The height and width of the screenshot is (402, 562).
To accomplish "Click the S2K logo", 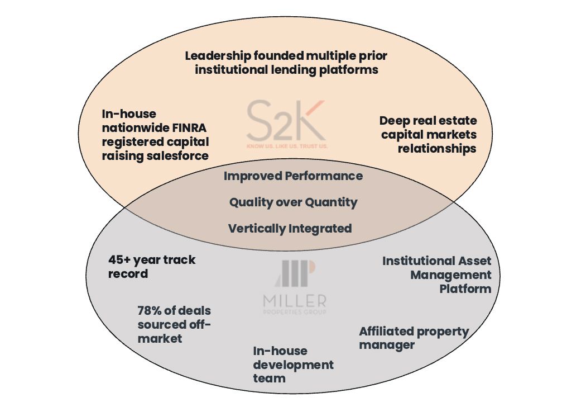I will (x=286, y=121).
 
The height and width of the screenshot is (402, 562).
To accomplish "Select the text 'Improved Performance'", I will (x=293, y=176).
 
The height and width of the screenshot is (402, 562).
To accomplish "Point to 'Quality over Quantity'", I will (x=293, y=202).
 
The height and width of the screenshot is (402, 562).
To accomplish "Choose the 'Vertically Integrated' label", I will (x=290, y=228).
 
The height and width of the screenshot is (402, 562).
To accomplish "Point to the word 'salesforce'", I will (x=177, y=155).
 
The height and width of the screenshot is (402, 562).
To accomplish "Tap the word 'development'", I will (x=293, y=365).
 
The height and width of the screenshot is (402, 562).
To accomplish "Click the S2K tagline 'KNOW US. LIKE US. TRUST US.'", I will (x=287, y=146).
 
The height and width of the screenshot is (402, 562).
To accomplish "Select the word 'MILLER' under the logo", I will (x=295, y=301).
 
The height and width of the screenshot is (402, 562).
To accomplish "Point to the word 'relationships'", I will (x=436, y=149).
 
